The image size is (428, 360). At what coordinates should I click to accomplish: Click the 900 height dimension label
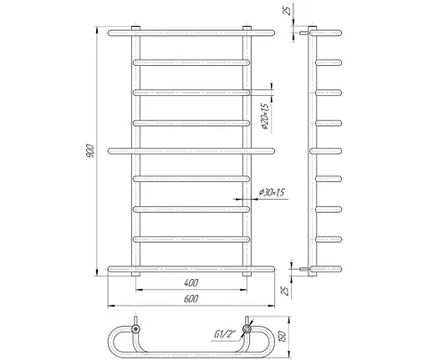click(90, 151)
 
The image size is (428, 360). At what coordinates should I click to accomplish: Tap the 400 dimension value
click(191, 283)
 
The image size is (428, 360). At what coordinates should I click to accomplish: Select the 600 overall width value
click(191, 299)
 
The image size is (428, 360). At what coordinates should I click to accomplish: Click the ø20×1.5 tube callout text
click(265, 117)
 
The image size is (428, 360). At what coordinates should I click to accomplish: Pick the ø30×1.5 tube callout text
click(272, 192)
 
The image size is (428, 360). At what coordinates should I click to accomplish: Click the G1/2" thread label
click(225, 334)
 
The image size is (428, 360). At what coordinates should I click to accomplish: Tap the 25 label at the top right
click(288, 9)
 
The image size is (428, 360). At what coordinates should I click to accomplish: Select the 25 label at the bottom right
click(285, 291)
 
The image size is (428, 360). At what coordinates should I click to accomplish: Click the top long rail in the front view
click(191, 33)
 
